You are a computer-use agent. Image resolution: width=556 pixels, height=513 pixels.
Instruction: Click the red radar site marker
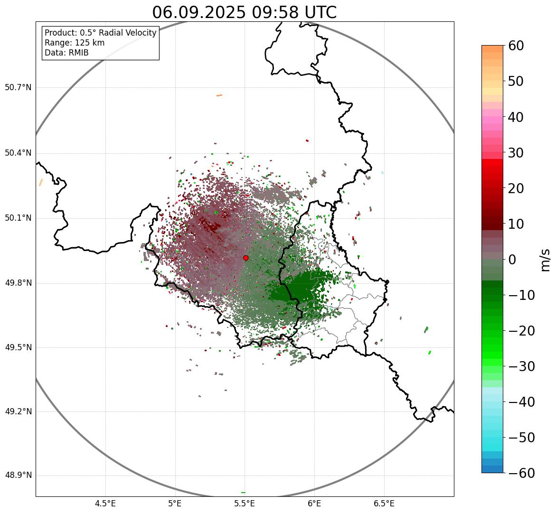pos(245,258)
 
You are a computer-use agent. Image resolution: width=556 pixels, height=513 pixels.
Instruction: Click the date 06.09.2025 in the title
pos(199,12)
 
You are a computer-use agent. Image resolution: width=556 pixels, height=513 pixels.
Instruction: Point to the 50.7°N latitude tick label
pos(18,88)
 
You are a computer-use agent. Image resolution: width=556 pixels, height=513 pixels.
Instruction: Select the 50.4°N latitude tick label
pos(18,153)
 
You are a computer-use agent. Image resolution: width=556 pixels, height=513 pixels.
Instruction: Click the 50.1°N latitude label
pos(18,218)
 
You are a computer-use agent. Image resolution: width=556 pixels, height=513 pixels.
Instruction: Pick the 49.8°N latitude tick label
pos(18,283)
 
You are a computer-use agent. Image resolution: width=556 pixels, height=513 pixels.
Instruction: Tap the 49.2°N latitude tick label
pos(18,411)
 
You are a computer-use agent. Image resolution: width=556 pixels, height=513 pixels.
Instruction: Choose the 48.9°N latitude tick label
pos(18,476)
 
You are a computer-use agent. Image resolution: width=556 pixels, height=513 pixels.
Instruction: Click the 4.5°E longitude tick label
pos(105,504)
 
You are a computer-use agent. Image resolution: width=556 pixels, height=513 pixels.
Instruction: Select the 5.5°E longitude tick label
pos(245,504)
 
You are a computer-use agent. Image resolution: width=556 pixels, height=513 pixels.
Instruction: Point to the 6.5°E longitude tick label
pos(384,504)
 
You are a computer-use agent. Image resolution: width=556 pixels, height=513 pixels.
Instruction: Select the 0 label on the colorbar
pos(512,260)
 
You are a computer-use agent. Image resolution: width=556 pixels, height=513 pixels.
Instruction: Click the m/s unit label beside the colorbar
pos(545,260)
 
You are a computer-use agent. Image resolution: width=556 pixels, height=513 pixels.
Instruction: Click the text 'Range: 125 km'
pos(75,43)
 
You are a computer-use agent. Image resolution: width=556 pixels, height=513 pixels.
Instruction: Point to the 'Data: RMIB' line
pos(66,53)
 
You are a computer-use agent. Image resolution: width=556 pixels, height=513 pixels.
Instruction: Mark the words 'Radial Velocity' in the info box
pos(127,33)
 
